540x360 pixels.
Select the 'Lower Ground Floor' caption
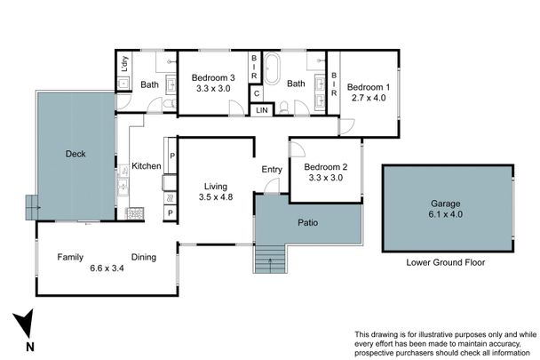point(447,263)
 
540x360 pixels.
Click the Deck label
point(75,154)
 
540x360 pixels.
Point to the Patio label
point(308,221)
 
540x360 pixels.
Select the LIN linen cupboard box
point(261,109)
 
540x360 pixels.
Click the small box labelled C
point(256,92)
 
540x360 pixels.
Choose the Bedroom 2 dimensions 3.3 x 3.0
point(324,178)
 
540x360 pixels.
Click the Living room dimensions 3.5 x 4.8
point(215,197)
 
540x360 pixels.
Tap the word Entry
point(271,170)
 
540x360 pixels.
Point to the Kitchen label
point(146,166)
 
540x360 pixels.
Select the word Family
point(71,257)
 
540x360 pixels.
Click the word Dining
point(143,257)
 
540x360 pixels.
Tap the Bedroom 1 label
point(368,87)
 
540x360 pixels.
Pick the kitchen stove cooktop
point(136,213)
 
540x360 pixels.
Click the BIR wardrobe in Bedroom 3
point(254,66)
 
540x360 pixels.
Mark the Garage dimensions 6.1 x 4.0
point(447,214)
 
